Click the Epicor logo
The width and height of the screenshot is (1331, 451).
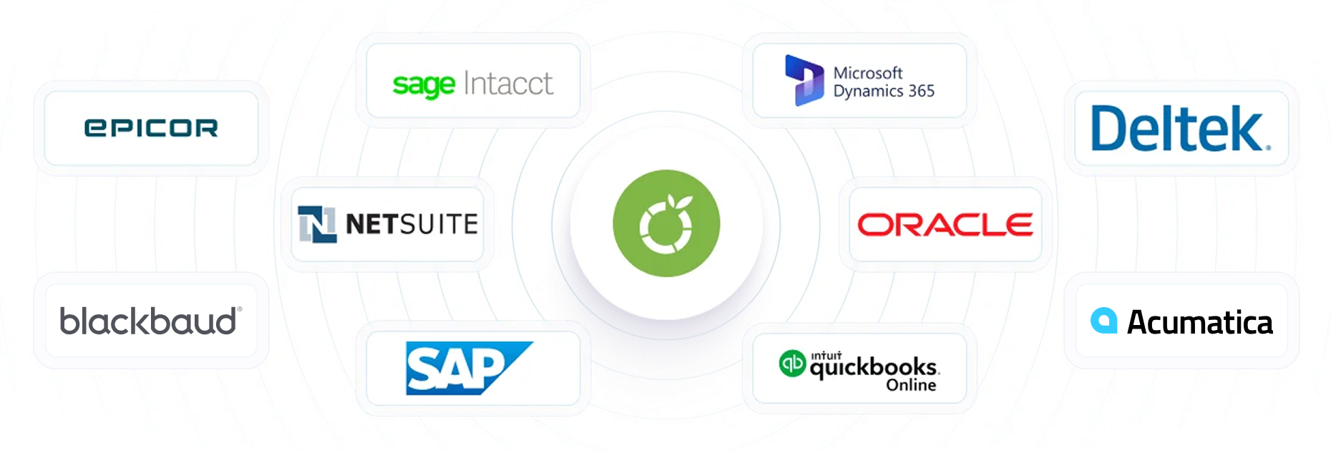click(x=151, y=128)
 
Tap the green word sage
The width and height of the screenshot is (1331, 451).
click(x=424, y=85)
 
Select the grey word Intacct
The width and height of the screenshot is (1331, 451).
click(x=508, y=83)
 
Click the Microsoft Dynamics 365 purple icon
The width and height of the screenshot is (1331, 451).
click(x=804, y=80)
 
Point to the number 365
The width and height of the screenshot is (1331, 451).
click(x=922, y=91)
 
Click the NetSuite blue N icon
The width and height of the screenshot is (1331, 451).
click(x=317, y=224)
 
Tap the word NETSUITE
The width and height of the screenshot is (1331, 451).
click(x=411, y=224)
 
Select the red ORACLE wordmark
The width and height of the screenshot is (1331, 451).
click(x=945, y=225)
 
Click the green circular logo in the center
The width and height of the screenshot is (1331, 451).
click(x=666, y=223)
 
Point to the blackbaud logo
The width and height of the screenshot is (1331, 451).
click(x=151, y=321)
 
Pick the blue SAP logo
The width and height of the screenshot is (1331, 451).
click(x=469, y=368)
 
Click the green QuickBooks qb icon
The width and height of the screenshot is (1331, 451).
click(x=792, y=363)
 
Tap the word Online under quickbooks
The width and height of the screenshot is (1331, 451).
click(x=911, y=385)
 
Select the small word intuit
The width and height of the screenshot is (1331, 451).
click(x=827, y=355)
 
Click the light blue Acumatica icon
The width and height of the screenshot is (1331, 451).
click(x=1103, y=321)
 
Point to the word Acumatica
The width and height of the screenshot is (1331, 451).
click(x=1200, y=322)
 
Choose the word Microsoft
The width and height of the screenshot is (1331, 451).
click(x=868, y=73)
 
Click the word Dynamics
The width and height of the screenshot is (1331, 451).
click(x=869, y=92)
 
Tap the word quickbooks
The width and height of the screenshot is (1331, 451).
click(x=874, y=368)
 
